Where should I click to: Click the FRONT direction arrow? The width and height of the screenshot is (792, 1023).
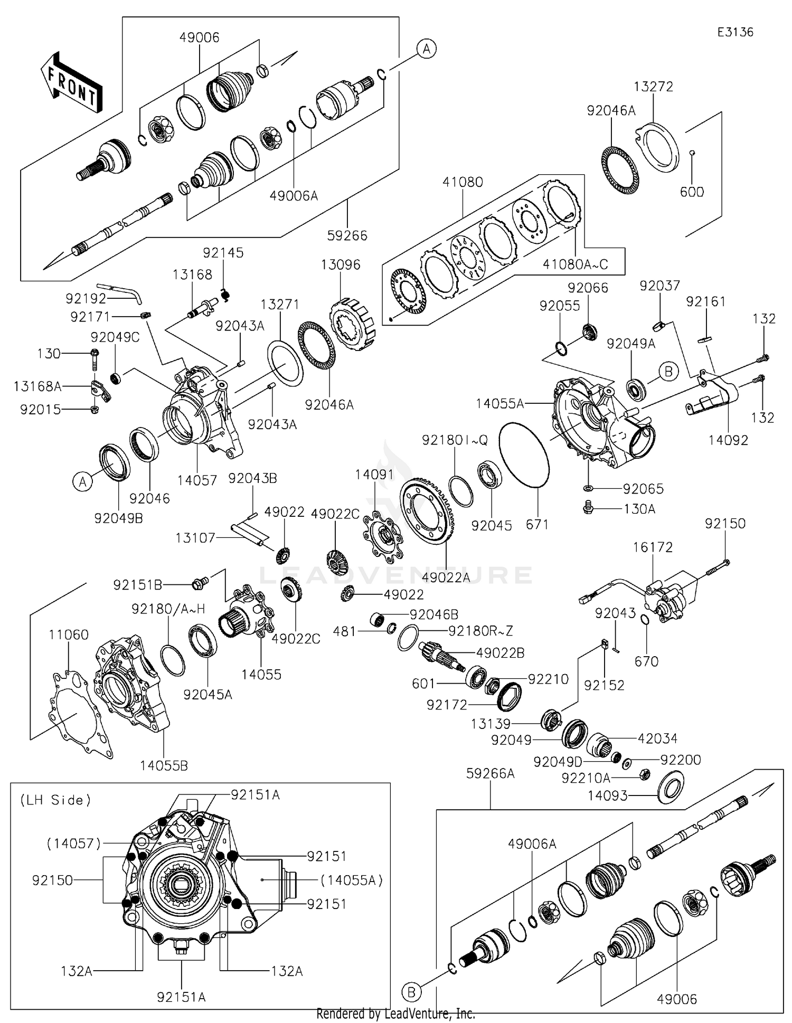71,82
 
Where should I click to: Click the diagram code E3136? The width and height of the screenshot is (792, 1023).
735,32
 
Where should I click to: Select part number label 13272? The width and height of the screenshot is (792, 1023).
654,87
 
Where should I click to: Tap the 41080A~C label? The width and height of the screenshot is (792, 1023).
575,264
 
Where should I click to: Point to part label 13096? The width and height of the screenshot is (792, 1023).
341,264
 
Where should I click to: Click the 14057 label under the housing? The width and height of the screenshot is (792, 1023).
197,480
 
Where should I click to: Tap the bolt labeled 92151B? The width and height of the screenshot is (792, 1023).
201,583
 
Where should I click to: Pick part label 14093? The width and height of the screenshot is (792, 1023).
608,795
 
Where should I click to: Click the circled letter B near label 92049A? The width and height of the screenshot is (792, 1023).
668,372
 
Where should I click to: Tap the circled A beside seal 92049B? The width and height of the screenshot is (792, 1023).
83,481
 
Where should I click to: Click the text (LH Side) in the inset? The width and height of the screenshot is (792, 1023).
56,800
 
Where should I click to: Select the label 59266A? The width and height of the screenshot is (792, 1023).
490,774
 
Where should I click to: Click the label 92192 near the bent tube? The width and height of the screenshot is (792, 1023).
86,298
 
